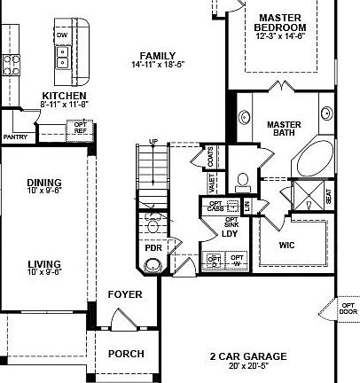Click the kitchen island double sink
pyautogui.click(x=63, y=58)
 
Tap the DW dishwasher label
pyautogui.click(x=62, y=35)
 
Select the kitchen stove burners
pyautogui.click(x=12, y=62)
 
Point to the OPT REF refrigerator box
pyautogui.click(x=80, y=129)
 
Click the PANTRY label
pyautogui.click(x=15, y=137)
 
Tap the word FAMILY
pyautogui.click(x=157, y=55)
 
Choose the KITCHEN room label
pyautogui.click(x=64, y=95)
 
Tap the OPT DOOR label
pyautogui.click(x=347, y=309)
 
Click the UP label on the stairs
pyautogui.click(x=153, y=142)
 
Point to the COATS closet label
pyautogui.click(x=210, y=157)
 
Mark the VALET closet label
pyautogui.click(x=212, y=183)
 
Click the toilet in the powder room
pyautogui.click(x=155, y=223)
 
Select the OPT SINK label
pyautogui.click(x=231, y=223)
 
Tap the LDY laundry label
pyautogui.click(x=229, y=235)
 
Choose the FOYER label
pyautogui.click(x=124, y=293)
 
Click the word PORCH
pyautogui.click(x=125, y=354)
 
